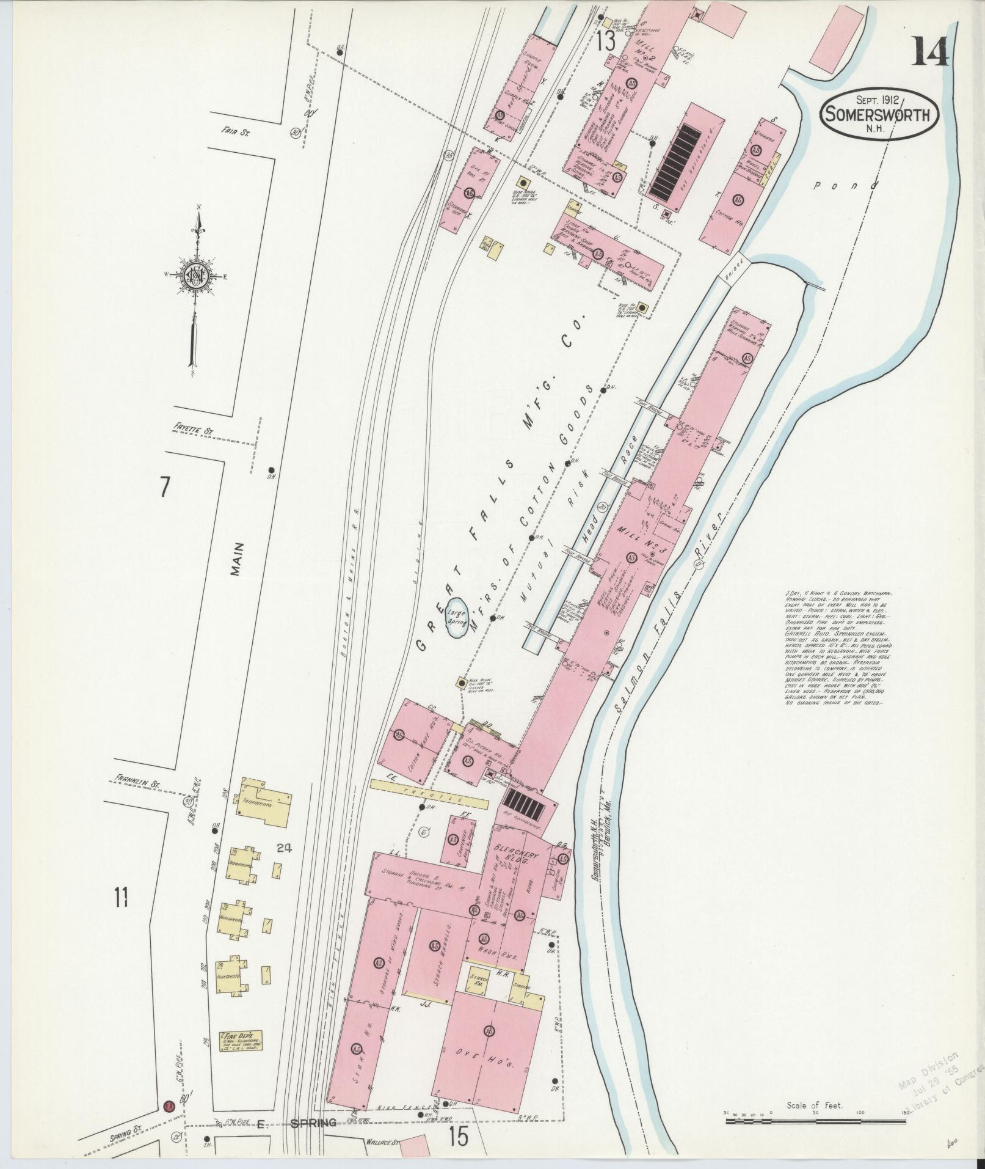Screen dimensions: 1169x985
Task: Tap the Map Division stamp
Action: pos(940,1080)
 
